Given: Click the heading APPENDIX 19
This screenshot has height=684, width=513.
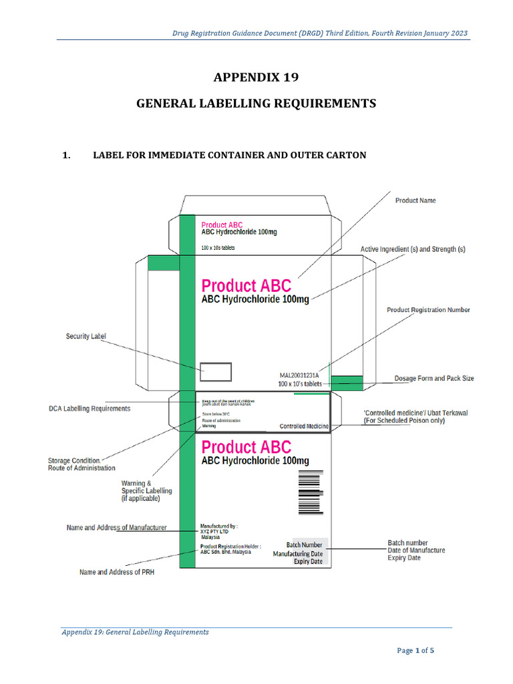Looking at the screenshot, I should (x=256, y=77).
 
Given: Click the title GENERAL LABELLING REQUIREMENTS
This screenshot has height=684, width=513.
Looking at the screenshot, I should (x=256, y=104).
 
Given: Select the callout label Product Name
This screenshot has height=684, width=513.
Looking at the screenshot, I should (x=415, y=200).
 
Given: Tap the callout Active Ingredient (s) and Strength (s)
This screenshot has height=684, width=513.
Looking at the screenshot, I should (x=413, y=249).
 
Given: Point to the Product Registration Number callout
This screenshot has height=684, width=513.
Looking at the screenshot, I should (x=428, y=310).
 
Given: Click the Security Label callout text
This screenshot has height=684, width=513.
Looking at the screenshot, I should (x=85, y=336).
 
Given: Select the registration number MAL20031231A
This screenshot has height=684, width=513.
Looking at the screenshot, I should (x=299, y=375).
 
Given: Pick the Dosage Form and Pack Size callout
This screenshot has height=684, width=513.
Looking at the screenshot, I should (x=434, y=378).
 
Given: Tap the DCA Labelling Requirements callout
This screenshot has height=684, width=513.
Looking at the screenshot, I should (x=90, y=408).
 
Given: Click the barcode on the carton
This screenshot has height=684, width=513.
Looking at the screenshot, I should (x=309, y=492).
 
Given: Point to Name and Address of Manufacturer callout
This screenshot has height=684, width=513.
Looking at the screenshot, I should (x=117, y=528).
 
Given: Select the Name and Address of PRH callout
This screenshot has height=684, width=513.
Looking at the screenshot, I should (x=117, y=572).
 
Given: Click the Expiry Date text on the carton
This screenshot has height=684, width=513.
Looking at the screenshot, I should (x=308, y=562).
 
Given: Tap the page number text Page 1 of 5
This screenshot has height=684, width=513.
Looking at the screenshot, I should (x=415, y=651).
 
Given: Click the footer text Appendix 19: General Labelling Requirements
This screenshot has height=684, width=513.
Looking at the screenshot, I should (x=135, y=632).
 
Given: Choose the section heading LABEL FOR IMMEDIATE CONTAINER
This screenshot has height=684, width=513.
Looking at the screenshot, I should (x=229, y=156).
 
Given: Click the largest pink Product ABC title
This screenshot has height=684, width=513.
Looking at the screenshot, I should (x=246, y=287).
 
